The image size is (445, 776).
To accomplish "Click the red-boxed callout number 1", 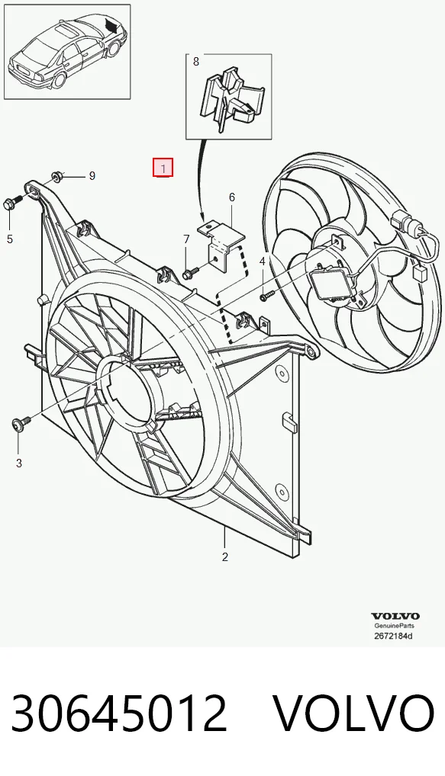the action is (x=163, y=168).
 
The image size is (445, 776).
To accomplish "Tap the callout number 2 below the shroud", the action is (x=225, y=556).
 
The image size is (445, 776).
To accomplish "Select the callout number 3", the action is (x=19, y=463).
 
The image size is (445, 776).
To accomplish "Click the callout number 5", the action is (x=10, y=239).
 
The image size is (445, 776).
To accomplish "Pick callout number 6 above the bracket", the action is (x=232, y=197).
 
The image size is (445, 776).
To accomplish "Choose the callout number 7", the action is (x=186, y=239).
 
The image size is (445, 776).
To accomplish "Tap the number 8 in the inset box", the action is (x=195, y=62).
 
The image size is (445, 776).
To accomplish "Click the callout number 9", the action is (x=92, y=175).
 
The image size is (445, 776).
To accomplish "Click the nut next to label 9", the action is (x=56, y=175).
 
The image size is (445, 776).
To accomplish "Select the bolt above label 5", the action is (x=13, y=202).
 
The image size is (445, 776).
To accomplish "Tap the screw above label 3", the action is (x=21, y=424).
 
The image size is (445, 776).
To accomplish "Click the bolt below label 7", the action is (x=190, y=271).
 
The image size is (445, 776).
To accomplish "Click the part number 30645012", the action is (x=118, y=713).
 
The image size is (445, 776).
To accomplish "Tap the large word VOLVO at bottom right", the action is (x=353, y=713).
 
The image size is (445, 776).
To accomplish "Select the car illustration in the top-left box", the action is (x=67, y=52).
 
